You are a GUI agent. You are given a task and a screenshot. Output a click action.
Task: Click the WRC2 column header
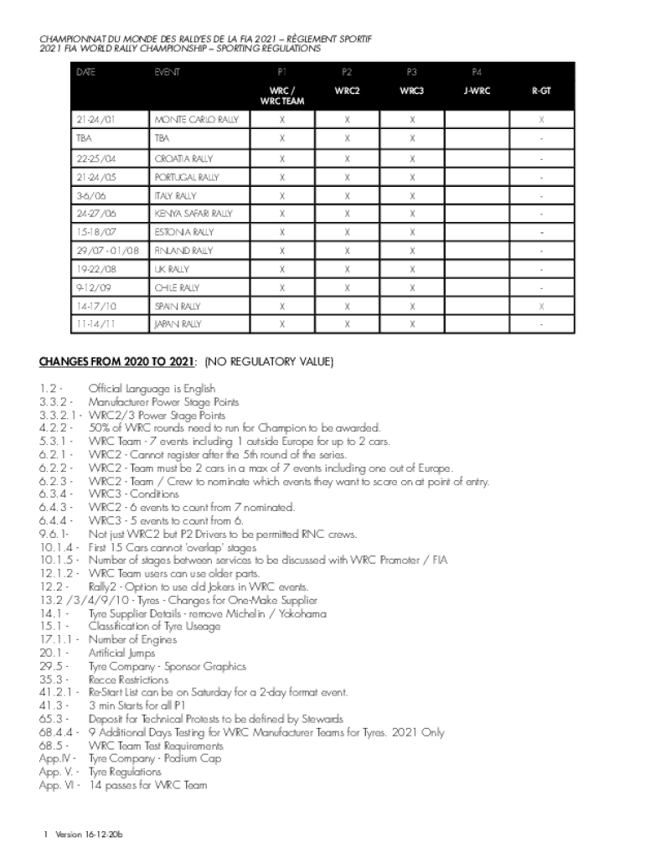(347, 90)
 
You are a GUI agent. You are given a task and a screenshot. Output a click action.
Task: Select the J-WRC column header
(477, 90)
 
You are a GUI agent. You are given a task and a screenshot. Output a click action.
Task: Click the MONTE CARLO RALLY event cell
(196, 120)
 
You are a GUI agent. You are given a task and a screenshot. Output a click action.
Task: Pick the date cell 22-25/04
(95, 158)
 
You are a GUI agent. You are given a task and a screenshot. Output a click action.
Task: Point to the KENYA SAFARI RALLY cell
(193, 214)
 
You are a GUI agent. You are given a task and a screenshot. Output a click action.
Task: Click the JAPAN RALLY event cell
(178, 323)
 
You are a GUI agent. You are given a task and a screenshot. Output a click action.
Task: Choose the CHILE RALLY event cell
(177, 287)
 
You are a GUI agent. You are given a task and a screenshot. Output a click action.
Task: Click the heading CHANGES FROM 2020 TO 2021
(116, 362)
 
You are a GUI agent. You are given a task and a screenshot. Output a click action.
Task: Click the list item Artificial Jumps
(121, 653)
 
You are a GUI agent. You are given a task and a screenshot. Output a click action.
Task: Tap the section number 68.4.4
(57, 732)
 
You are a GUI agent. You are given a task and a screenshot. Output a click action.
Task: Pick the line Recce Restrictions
(128, 680)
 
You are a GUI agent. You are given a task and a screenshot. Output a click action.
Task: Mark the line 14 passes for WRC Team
(147, 785)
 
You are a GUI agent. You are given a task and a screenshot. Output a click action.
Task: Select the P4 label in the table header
(477, 72)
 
